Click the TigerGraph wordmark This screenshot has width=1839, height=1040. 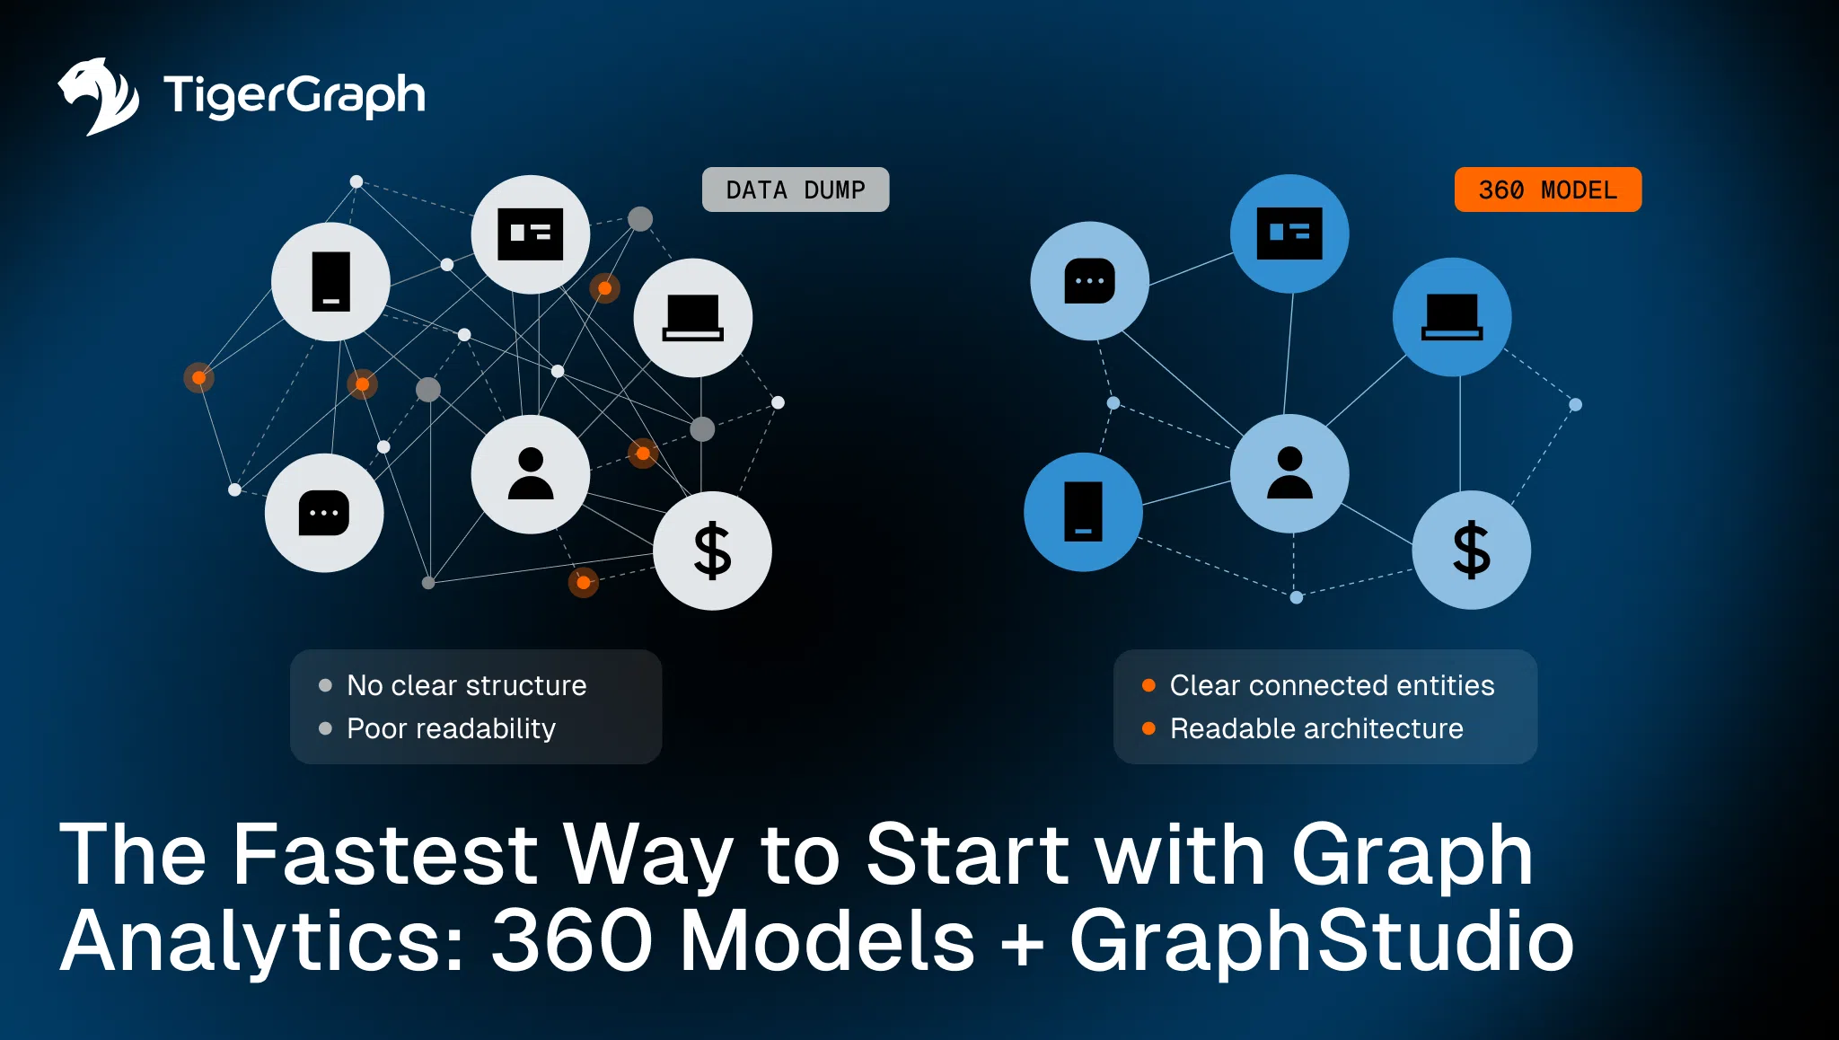click(294, 95)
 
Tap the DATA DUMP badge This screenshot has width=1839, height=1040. click(795, 189)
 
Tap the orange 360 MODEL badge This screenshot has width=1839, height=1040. click(1547, 189)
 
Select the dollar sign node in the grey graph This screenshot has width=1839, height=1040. click(712, 550)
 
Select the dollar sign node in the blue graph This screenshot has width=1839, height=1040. click(1471, 550)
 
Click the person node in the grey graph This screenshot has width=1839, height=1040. click(531, 474)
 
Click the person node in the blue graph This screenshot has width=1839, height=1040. click(1289, 473)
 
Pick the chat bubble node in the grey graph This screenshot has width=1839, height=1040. click(324, 513)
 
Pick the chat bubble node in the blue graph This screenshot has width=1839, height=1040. click(1089, 281)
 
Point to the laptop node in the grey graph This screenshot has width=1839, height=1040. click(692, 318)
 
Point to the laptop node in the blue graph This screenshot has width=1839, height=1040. click(1452, 317)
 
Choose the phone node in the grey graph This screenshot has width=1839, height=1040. click(330, 282)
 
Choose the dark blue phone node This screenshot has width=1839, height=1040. click(1083, 512)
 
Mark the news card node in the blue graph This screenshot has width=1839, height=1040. click(1289, 234)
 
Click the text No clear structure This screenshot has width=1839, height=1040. click(466, 685)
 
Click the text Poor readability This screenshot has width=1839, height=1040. click(451, 728)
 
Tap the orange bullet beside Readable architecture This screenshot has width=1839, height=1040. click(1148, 728)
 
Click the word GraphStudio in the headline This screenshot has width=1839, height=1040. click(1321, 940)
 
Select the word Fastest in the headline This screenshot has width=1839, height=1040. click(385, 854)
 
